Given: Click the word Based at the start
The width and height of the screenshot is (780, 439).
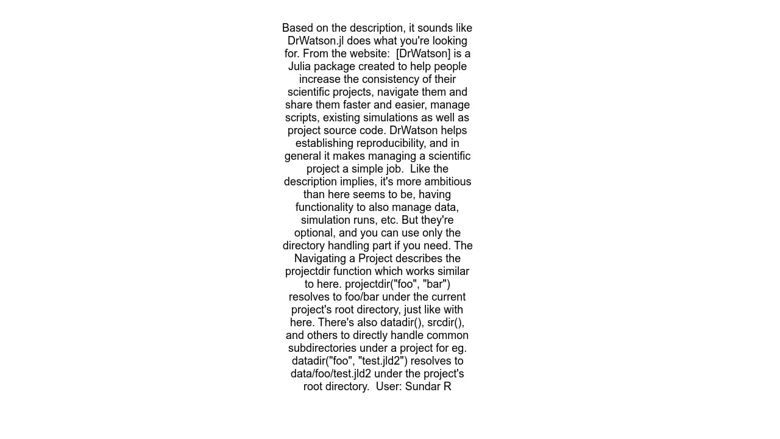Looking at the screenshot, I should pos(297,28).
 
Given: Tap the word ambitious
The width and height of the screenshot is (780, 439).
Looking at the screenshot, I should pos(444,182).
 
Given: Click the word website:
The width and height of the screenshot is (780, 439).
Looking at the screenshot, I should pos(367,54).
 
